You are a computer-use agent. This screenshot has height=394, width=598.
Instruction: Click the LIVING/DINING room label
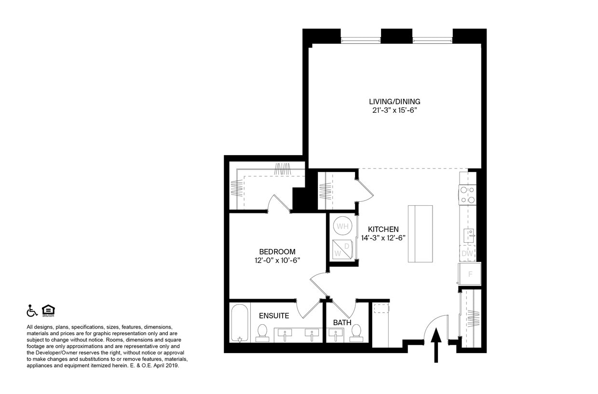[394, 102]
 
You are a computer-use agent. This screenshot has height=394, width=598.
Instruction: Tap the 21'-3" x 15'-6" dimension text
[394, 110]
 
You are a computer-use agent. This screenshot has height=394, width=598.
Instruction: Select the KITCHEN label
[383, 229]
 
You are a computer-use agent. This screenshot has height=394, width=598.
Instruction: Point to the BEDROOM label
[277, 251]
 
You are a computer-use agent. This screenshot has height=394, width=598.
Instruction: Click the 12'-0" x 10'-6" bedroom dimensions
[277, 260]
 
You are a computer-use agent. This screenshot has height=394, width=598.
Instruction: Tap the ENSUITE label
[274, 316]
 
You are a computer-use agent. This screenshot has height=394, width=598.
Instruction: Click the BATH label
[342, 322]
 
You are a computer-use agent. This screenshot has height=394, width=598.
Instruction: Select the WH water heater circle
[342, 226]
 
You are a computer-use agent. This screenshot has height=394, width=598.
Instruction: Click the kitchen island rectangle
[420, 234]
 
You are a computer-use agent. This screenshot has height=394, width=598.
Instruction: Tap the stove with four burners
[467, 195]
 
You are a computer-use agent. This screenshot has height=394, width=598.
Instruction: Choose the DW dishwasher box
[467, 253]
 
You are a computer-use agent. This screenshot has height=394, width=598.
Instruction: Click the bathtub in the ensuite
[239, 323]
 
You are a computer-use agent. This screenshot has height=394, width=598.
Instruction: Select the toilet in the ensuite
[262, 332]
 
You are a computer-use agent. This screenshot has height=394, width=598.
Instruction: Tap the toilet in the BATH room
[356, 331]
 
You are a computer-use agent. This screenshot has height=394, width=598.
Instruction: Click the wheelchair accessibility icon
[31, 311]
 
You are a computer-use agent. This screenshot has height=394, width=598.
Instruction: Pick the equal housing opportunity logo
[48, 311]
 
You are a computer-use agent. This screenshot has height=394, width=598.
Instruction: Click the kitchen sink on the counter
[468, 236]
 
